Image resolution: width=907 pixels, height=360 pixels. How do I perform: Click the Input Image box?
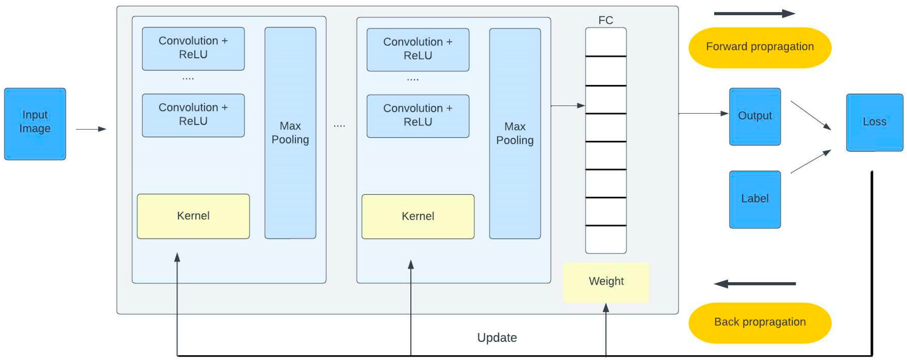[x=35, y=124]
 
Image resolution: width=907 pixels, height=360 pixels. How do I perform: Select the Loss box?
[x=874, y=122]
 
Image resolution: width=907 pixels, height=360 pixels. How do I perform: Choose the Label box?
[x=755, y=199]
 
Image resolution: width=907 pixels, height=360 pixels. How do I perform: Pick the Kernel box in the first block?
[x=193, y=216]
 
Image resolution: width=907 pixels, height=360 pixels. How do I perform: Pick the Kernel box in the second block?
[x=418, y=216]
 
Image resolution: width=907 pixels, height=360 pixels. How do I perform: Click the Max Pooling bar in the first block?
[x=290, y=133]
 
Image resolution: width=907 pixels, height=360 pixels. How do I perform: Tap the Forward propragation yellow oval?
[x=760, y=47]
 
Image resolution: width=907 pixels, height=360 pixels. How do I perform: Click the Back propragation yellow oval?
[x=760, y=322]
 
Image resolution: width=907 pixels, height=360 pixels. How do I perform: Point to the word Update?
[x=497, y=338]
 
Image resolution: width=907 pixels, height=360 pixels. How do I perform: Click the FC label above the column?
[x=606, y=20]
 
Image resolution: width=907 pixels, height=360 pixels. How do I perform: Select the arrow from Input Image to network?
[x=91, y=129]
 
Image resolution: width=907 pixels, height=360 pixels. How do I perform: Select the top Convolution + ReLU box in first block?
[x=193, y=48]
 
